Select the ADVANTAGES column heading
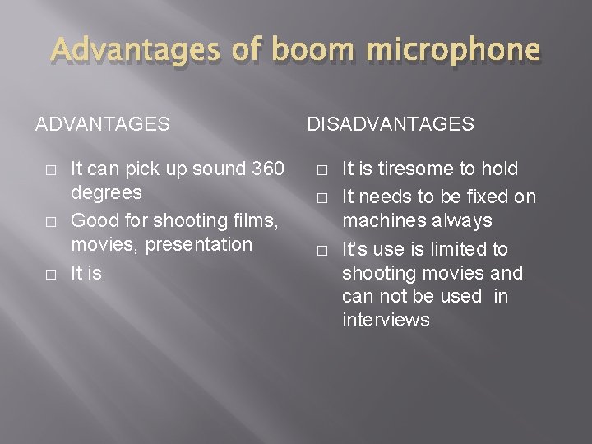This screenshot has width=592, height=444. [x=103, y=124]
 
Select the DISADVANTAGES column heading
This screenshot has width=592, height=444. [x=391, y=124]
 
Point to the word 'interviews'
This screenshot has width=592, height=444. [x=386, y=321]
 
